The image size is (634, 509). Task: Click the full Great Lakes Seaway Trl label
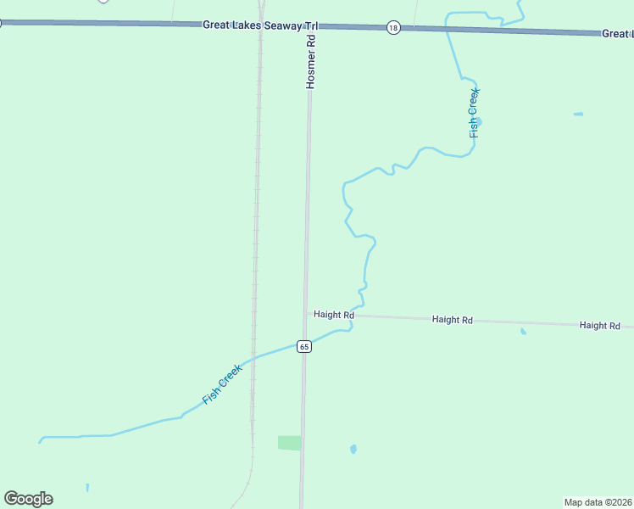click(259, 25)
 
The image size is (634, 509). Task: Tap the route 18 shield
click(393, 28)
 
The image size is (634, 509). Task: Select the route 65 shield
click(304, 346)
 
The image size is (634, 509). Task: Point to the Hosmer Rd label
click(311, 61)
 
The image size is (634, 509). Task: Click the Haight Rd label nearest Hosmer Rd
click(333, 315)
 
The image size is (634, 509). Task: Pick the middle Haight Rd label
click(452, 320)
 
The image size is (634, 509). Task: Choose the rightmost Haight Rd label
click(600, 326)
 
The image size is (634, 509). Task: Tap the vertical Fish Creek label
click(475, 112)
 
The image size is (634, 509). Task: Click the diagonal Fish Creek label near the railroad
click(223, 383)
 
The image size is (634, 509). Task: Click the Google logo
click(29, 499)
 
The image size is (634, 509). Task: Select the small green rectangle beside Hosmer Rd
click(289, 443)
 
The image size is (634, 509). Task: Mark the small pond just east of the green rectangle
click(353, 449)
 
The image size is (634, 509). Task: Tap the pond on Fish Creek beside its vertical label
click(478, 123)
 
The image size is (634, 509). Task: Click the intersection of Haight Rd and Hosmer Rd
click(307, 314)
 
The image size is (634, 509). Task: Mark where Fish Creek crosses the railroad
click(253, 357)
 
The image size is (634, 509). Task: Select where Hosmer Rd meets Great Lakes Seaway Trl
click(310, 25)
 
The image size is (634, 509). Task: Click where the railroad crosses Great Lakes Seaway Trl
click(261, 25)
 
